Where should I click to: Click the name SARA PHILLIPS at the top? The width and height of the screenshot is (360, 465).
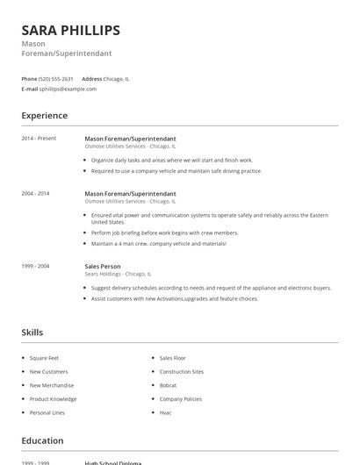pyautogui.click(x=71, y=31)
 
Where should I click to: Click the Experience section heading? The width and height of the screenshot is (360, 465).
pyautogui.click(x=44, y=116)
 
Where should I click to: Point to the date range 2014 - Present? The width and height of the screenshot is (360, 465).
pyautogui.click(x=39, y=138)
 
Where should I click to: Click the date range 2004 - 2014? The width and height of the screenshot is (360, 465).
pyautogui.click(x=35, y=193)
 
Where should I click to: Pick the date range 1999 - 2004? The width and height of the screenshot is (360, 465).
pyautogui.click(x=35, y=265)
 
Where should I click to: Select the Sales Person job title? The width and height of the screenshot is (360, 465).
pyautogui.click(x=103, y=265)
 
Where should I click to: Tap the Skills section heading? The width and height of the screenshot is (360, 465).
pyautogui.click(x=32, y=333)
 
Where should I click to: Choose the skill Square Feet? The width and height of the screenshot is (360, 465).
pyautogui.click(x=44, y=358)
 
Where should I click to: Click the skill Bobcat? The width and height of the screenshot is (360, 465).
pyautogui.click(x=168, y=385)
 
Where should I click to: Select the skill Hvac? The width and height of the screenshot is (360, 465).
pyautogui.click(x=165, y=412)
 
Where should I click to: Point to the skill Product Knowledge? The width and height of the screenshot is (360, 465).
pyautogui.click(x=53, y=398)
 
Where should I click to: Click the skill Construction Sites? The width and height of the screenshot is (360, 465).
pyautogui.click(x=182, y=372)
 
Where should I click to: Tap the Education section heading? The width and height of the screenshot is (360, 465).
pyautogui.click(x=42, y=440)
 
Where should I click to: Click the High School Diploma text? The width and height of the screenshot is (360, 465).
pyautogui.click(x=113, y=461)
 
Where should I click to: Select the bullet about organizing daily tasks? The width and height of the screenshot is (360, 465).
pyautogui.click(x=171, y=161)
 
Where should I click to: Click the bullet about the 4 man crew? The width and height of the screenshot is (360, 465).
pyautogui.click(x=158, y=243)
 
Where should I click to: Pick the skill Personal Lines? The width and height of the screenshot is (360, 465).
pyautogui.click(x=47, y=412)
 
